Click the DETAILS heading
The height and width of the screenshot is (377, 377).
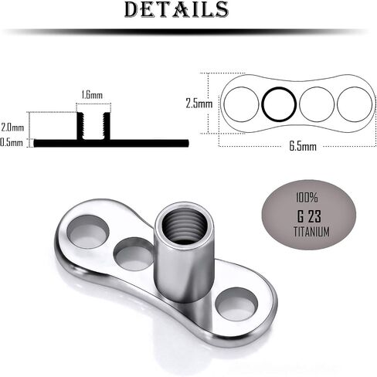[176, 9]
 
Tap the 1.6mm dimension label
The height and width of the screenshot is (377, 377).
[92, 95]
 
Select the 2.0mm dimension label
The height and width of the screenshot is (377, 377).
[12, 127]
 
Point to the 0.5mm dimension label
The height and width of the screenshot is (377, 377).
[12, 142]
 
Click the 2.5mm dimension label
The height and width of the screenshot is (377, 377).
[199, 104]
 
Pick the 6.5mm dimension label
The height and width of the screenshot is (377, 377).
[303, 146]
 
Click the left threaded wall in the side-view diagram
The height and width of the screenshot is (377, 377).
[80, 126]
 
